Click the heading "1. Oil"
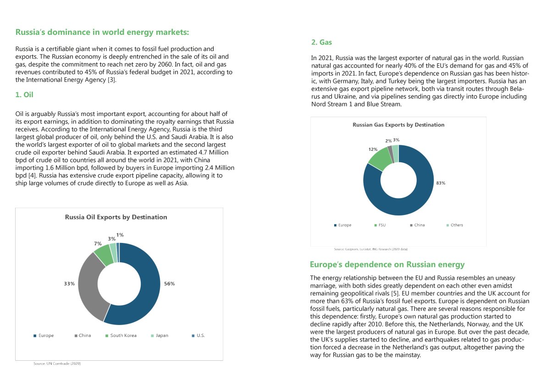[24, 95]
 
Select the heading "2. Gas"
[321, 42]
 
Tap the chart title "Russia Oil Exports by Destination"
[116, 217]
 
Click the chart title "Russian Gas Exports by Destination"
[398, 125]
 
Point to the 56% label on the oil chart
[169, 284]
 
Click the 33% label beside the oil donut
[69, 284]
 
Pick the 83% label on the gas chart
[441, 183]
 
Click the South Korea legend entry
[123, 336]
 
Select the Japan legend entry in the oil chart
[162, 336]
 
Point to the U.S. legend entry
[200, 336]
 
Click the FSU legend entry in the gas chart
[382, 225]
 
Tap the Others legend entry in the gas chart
[457, 225]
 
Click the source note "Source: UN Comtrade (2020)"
[57, 364]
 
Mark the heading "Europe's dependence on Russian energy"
[387, 265]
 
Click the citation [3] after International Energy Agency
[112, 80]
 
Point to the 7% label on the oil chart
[98, 243]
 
